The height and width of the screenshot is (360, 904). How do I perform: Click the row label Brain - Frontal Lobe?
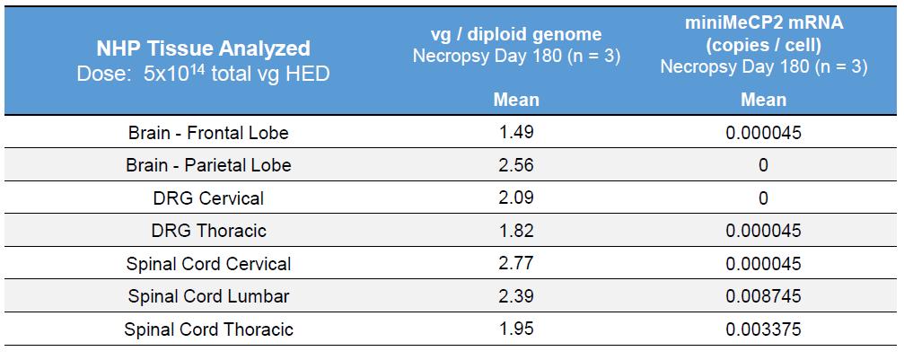click(x=208, y=133)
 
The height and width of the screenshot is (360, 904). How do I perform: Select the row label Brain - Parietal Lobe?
click(x=208, y=165)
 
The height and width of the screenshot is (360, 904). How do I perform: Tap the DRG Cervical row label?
click(x=208, y=198)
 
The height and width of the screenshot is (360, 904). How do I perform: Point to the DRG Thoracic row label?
click(x=208, y=231)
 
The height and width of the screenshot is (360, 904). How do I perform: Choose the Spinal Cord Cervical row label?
click(x=208, y=264)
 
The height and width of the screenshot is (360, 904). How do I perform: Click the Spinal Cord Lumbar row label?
click(x=208, y=296)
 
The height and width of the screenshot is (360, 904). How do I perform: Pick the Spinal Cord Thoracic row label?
click(x=208, y=329)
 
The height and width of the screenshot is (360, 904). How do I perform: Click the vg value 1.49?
click(x=516, y=133)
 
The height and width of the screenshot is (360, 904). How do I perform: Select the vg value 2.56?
click(x=516, y=165)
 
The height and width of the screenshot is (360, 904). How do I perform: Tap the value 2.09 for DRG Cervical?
click(x=516, y=198)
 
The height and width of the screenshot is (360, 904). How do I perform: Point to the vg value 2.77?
click(x=516, y=264)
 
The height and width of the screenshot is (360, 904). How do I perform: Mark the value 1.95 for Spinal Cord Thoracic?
click(x=516, y=329)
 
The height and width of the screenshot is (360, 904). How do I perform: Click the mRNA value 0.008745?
click(x=763, y=296)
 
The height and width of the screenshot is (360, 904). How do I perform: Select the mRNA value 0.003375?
click(x=763, y=329)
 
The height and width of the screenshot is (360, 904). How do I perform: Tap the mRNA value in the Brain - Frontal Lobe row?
click(x=763, y=133)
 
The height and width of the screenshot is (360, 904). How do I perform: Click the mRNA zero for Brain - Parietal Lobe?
click(x=763, y=165)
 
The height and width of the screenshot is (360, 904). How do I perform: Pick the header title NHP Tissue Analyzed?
click(x=204, y=48)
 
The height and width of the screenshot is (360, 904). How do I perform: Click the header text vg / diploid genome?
click(x=516, y=35)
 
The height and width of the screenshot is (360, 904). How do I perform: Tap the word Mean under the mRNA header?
click(x=763, y=100)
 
